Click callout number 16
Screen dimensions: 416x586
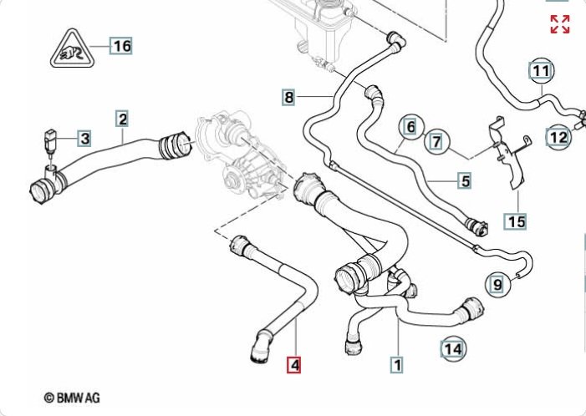[x=122, y=45]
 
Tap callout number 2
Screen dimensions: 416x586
[x=122, y=119]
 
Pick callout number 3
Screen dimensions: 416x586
[x=84, y=137]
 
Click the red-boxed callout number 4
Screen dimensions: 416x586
[x=293, y=364]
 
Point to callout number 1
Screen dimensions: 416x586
[x=397, y=364]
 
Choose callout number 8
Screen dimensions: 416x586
[x=289, y=98]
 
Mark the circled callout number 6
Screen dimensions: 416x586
[x=409, y=127]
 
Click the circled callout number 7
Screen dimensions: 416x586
[x=436, y=142]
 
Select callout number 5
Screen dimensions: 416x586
[x=465, y=180]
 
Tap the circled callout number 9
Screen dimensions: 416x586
[x=497, y=285]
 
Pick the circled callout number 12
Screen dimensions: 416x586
[x=558, y=135]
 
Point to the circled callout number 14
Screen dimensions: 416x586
[x=453, y=348]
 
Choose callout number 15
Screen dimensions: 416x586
[x=516, y=221]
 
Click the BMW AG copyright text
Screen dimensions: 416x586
[x=72, y=398]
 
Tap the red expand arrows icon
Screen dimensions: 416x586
[x=560, y=24]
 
